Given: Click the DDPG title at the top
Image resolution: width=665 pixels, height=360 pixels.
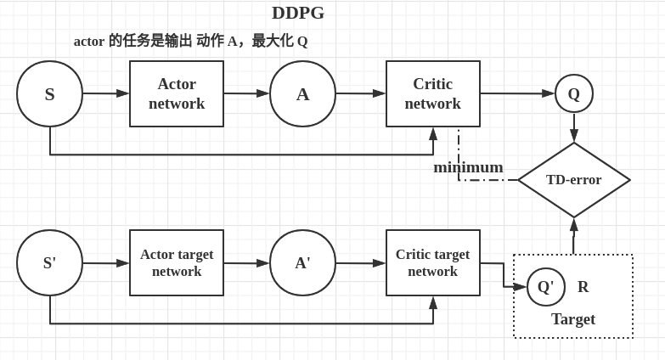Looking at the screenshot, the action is pyautogui.click(x=298, y=13).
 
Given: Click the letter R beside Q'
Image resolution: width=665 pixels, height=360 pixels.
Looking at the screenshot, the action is pyautogui.click(x=583, y=287).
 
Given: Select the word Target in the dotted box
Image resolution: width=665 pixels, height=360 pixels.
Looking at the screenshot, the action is pyautogui.click(x=573, y=319).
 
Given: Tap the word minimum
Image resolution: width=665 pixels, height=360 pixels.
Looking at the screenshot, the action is pyautogui.click(x=468, y=167).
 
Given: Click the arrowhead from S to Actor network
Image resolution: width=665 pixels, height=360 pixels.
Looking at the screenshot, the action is pyautogui.click(x=123, y=93).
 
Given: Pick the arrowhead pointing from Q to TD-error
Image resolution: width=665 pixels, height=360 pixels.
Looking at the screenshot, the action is pyautogui.click(x=574, y=136).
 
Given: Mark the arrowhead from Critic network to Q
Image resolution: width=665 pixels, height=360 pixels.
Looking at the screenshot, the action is pyautogui.click(x=549, y=93).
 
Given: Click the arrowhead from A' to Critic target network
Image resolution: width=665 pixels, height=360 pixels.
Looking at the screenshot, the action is pyautogui.click(x=379, y=263).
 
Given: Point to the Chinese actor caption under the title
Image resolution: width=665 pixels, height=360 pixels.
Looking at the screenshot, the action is pyautogui.click(x=190, y=41).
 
